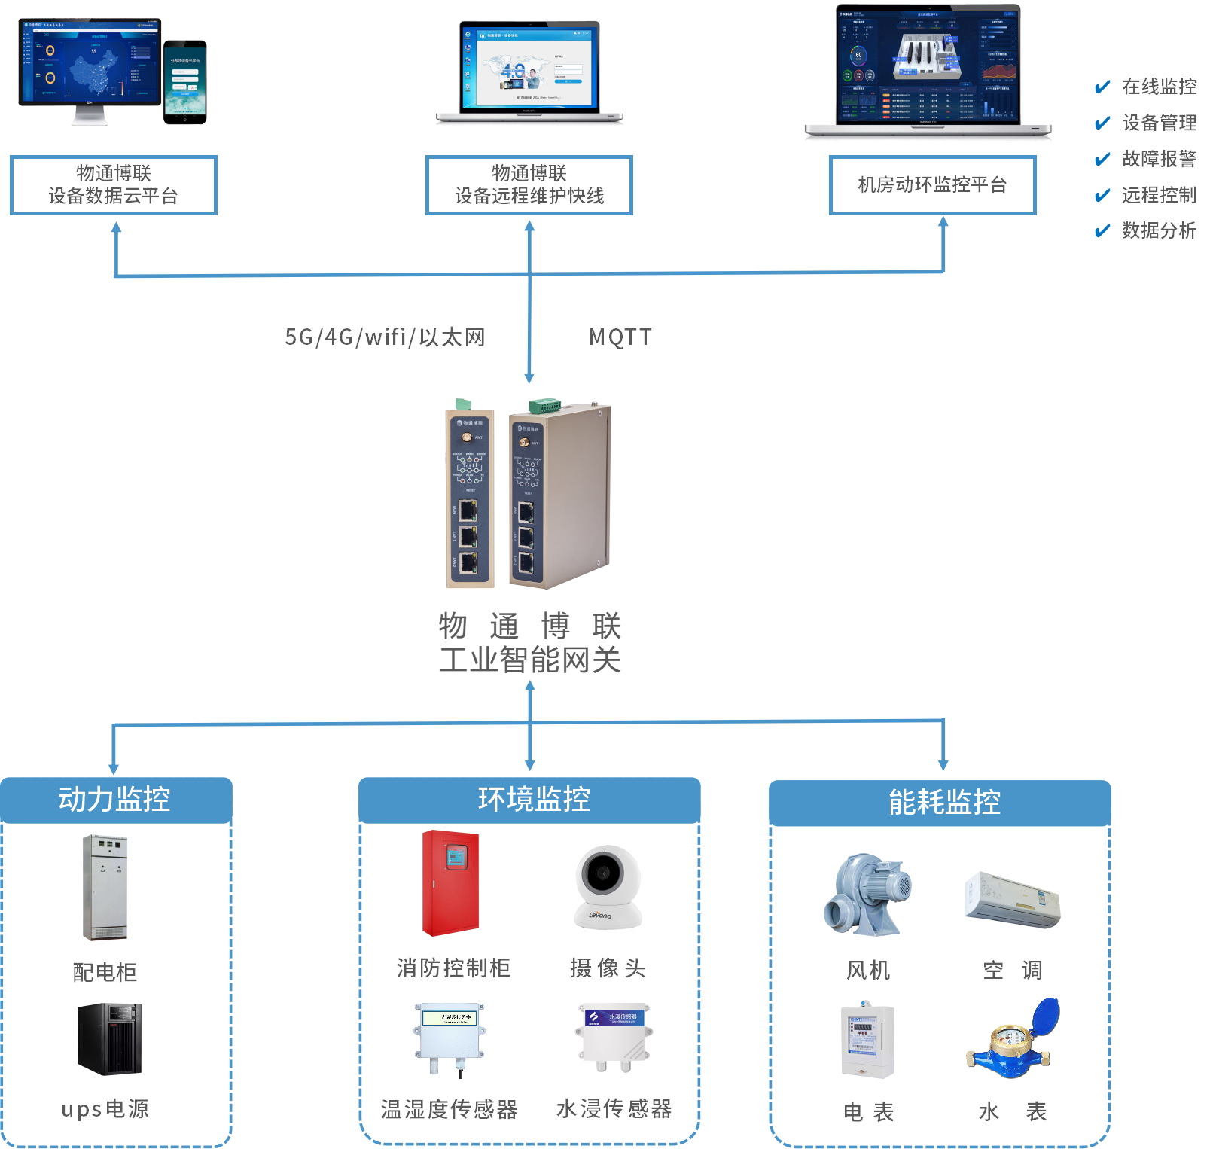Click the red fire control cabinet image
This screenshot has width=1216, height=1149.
[x=450, y=883]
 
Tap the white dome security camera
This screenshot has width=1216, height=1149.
[x=608, y=886]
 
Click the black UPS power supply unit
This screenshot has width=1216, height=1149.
[x=109, y=1038]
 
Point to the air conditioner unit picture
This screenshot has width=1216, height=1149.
[x=1012, y=900]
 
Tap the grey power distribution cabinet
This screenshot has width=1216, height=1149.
[x=105, y=887]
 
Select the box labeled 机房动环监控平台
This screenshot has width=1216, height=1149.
[x=932, y=185]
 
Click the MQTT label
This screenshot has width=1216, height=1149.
[x=620, y=337]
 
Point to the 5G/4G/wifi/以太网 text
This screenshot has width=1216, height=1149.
[x=385, y=337]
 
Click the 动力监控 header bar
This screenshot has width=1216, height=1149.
[x=115, y=800]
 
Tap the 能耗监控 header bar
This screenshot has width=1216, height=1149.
[x=940, y=803]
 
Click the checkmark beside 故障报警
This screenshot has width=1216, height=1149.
[x=1102, y=159]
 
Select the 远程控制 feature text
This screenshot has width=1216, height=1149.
[x=1159, y=195]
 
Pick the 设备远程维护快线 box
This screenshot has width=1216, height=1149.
[x=529, y=185]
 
